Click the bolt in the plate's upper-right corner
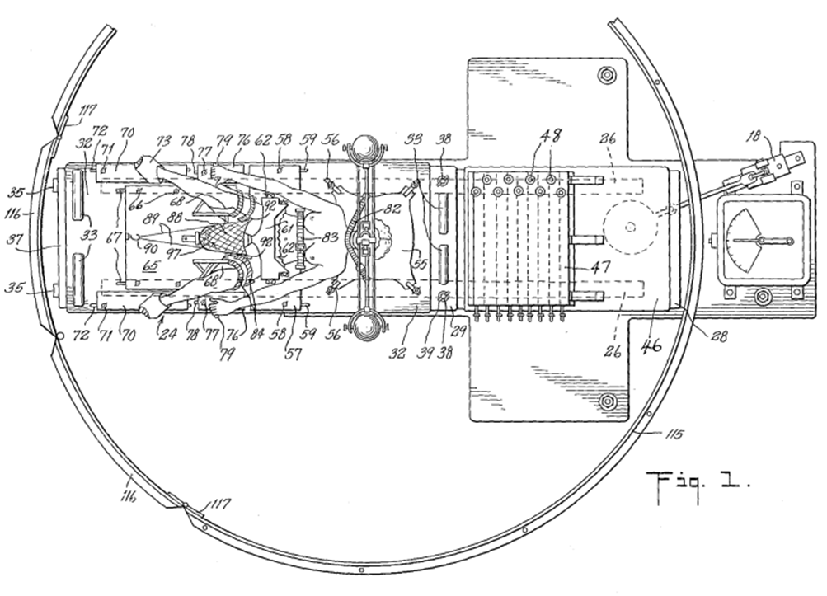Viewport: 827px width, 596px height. point(608,76)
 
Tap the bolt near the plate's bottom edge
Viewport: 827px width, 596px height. point(608,401)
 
